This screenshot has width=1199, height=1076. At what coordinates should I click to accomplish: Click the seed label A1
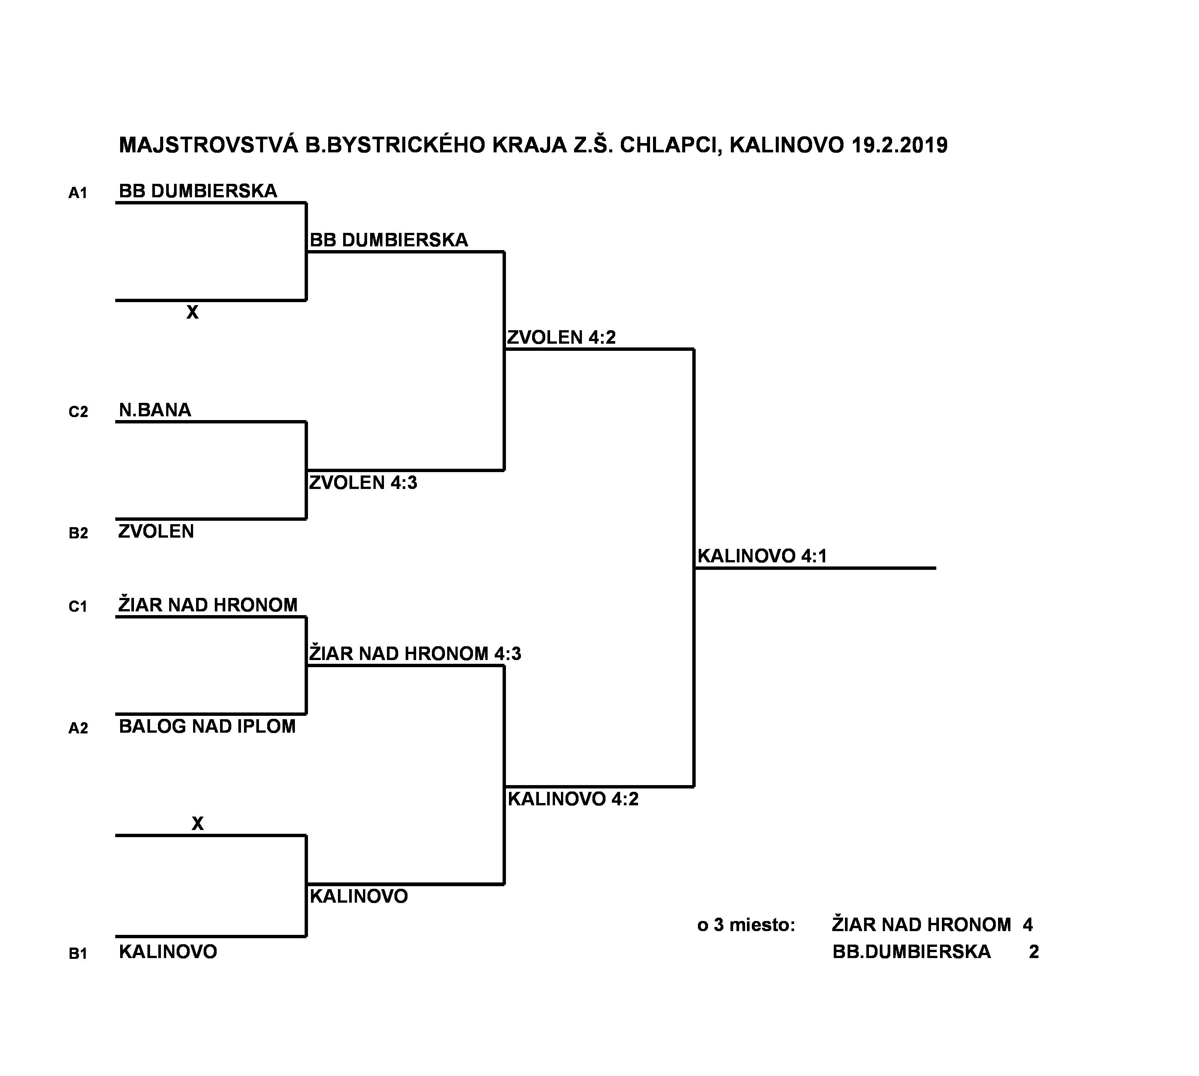point(77,193)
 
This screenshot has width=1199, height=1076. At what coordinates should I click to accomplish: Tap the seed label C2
point(78,412)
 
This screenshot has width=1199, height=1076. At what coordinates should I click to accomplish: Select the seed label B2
point(78,533)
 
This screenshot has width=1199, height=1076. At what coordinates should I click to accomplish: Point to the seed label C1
point(77,607)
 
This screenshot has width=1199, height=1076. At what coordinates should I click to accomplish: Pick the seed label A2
point(78,728)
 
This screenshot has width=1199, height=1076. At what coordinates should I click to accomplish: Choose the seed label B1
point(77,954)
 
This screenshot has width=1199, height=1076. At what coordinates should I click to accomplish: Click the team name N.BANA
point(155,410)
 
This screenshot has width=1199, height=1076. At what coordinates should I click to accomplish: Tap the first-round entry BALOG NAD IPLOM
point(207,726)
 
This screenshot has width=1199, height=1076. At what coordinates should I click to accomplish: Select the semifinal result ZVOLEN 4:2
point(561,337)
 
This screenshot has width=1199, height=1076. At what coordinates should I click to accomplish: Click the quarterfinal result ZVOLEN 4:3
point(363,483)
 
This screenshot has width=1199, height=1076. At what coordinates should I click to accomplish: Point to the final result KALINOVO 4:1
point(762,556)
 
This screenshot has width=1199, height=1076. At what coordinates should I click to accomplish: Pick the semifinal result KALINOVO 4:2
point(573,799)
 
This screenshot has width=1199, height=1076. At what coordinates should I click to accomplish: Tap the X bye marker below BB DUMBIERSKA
point(193,312)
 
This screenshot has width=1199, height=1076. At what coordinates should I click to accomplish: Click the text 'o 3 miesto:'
point(746,925)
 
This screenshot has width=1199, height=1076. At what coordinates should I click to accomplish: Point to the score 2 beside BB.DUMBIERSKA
point(1034,951)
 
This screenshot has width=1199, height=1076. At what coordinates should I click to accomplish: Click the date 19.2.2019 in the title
point(900,145)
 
